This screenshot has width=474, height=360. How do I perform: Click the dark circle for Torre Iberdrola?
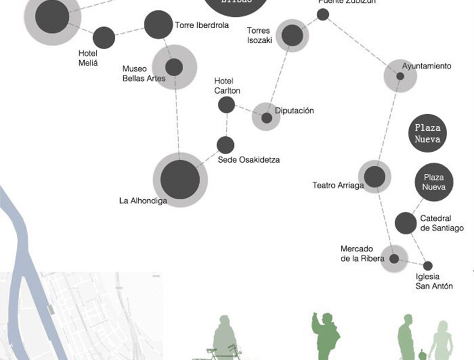(158, 25)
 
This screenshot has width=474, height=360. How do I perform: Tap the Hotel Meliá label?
(88, 58)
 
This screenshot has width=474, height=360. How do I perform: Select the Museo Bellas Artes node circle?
(174, 67)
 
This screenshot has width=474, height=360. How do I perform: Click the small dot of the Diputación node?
(266, 118)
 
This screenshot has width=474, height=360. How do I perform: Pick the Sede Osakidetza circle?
(225, 145)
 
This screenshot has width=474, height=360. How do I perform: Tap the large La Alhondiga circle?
(180, 179)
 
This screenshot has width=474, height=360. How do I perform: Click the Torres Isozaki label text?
(260, 35)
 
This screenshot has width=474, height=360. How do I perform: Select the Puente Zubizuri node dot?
(323, 14)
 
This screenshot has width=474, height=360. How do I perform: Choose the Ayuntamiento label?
(427, 66)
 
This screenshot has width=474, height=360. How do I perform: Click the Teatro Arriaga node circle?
(374, 177)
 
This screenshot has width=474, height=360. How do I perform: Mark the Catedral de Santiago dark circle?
(406, 223)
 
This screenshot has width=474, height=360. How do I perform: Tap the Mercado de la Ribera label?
(358, 254)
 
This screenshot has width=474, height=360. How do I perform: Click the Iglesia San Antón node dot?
(428, 265)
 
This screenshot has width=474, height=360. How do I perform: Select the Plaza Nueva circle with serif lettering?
(427, 134)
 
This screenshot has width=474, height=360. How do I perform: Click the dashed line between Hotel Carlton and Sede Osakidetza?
(226, 125)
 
